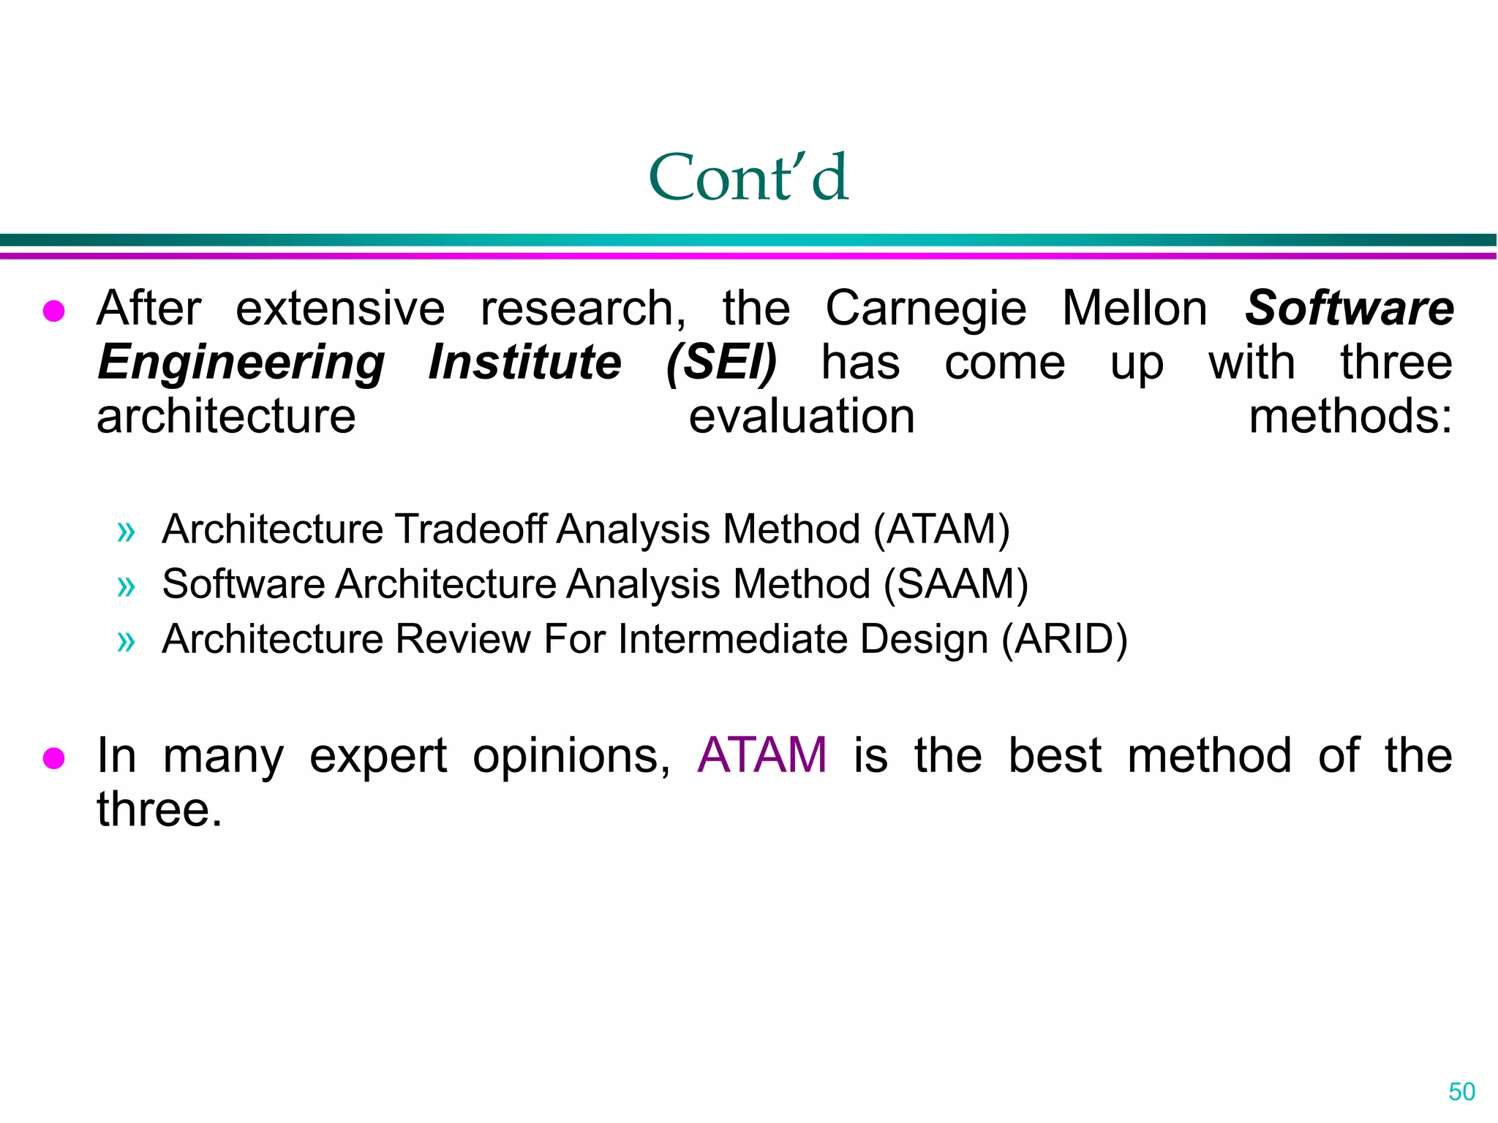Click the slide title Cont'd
pyautogui.click(x=748, y=177)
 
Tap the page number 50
pyautogui.click(x=1461, y=1092)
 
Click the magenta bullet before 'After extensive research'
pyautogui.click(x=54, y=311)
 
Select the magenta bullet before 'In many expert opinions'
pyautogui.click(x=54, y=758)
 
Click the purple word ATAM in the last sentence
pyautogui.click(x=761, y=755)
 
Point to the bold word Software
pyautogui.click(x=1349, y=308)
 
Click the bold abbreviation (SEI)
pyautogui.click(x=721, y=362)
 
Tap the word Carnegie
pyautogui.click(x=926, y=309)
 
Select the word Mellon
pyautogui.click(x=1134, y=308)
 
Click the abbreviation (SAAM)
pyautogui.click(x=956, y=584)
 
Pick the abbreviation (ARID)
pyautogui.click(x=1064, y=639)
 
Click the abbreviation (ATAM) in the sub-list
pyautogui.click(x=941, y=529)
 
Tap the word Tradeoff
pyautogui.click(x=471, y=529)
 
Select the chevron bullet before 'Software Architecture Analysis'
pyautogui.click(x=126, y=586)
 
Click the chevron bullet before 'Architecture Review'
pyautogui.click(x=126, y=641)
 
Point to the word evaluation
pyautogui.click(x=802, y=417)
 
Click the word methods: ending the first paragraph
pyautogui.click(x=1350, y=417)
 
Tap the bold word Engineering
pyautogui.click(x=241, y=363)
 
